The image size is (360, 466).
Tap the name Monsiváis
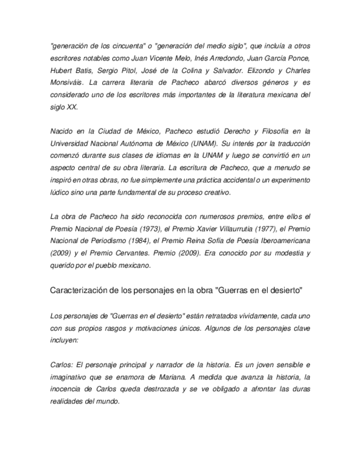(68, 82)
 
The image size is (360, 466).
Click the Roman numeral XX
(73, 107)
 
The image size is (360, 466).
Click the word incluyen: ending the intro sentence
(64, 340)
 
